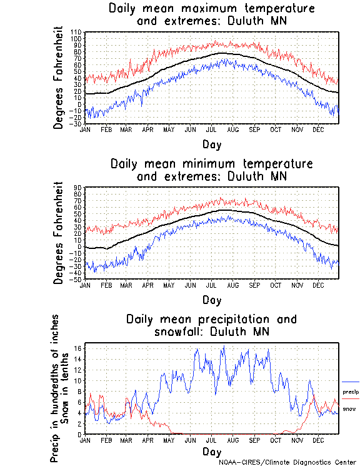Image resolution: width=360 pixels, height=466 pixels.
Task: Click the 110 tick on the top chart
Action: coord(76,32)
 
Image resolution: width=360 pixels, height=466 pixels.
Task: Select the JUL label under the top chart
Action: coord(211,129)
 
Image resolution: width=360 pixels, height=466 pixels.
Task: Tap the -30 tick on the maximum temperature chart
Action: coord(76,124)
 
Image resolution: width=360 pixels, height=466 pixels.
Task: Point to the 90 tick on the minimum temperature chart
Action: coord(78,187)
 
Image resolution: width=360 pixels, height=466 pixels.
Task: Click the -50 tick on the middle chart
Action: coord(76,280)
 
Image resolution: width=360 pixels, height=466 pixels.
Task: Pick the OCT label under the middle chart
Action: coord(275,285)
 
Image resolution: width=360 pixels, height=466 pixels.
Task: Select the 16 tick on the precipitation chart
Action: coord(78,348)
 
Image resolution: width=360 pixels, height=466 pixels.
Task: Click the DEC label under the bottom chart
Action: coord(318,440)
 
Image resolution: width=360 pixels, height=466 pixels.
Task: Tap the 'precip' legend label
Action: coord(351,392)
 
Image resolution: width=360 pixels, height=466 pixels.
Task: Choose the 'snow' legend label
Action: coord(349,409)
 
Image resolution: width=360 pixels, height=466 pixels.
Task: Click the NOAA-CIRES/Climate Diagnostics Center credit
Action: coord(288,462)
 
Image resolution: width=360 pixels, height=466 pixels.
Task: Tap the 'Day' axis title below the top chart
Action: coord(211,144)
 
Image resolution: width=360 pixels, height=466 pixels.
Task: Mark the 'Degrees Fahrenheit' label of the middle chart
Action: coord(59,233)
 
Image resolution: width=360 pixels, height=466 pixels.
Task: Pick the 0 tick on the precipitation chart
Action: coord(79,434)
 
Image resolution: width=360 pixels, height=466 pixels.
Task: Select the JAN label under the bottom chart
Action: coord(85,440)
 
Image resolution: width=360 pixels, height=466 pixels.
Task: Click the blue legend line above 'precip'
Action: coord(351,382)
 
